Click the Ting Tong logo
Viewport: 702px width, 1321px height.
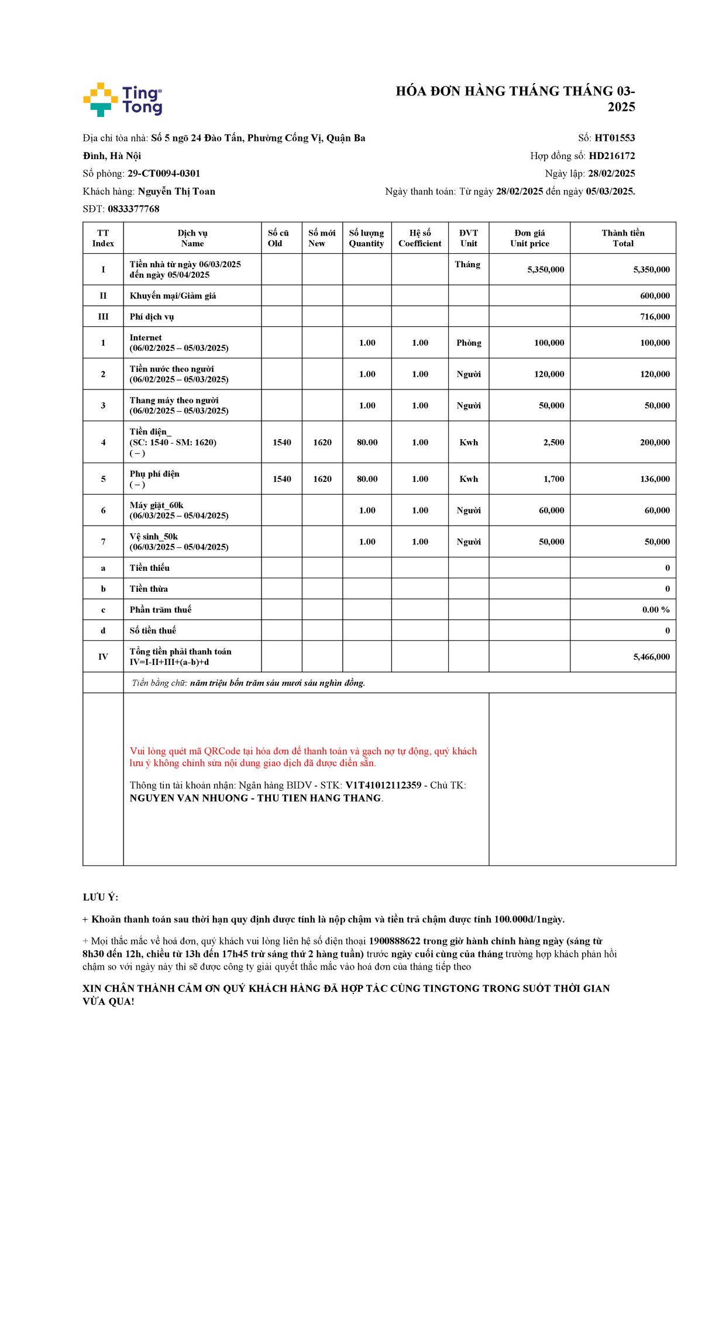[x=123, y=99]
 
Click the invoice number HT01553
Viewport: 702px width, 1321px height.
[x=614, y=138]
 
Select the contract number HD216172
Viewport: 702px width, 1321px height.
[x=611, y=156]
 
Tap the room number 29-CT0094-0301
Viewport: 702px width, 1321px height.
[x=164, y=174]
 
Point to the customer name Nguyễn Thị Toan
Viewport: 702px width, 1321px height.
[x=177, y=191]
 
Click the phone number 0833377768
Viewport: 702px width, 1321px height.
[x=133, y=209]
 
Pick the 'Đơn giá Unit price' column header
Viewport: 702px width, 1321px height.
[x=529, y=238]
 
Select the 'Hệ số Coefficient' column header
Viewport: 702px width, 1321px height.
[x=419, y=238]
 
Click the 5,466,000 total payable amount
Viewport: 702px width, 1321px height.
[x=651, y=657]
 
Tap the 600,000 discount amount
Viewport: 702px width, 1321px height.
[x=655, y=296]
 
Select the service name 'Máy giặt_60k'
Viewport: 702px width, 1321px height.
[x=157, y=505]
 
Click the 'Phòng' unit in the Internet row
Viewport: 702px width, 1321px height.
[x=469, y=343]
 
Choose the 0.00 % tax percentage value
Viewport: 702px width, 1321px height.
[x=656, y=609]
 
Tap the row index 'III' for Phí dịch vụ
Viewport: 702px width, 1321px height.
[x=103, y=317]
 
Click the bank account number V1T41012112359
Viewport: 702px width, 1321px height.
[x=383, y=785]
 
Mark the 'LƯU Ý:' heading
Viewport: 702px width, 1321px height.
[x=101, y=897]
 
